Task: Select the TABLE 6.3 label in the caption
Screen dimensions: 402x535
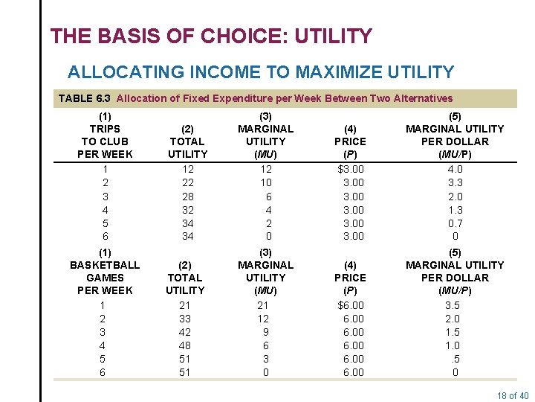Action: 85,98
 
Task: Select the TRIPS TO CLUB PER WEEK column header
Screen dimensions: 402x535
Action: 105,135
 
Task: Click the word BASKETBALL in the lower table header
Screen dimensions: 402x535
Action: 105,265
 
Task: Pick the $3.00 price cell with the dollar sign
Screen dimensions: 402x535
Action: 350,169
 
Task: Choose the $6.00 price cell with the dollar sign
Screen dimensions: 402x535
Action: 350,305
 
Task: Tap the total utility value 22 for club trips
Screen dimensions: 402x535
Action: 188,182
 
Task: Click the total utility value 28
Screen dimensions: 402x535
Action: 188,196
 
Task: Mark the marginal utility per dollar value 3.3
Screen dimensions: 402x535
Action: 455,182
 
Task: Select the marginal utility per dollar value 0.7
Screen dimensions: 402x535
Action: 455,223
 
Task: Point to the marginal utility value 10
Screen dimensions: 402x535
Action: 265,182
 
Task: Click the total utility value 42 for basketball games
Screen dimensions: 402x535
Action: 185,332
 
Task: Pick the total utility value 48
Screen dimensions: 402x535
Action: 185,345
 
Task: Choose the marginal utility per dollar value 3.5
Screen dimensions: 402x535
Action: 453,305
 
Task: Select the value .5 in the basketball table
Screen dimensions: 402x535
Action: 454,359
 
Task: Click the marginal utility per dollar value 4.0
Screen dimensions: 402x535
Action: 455,169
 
